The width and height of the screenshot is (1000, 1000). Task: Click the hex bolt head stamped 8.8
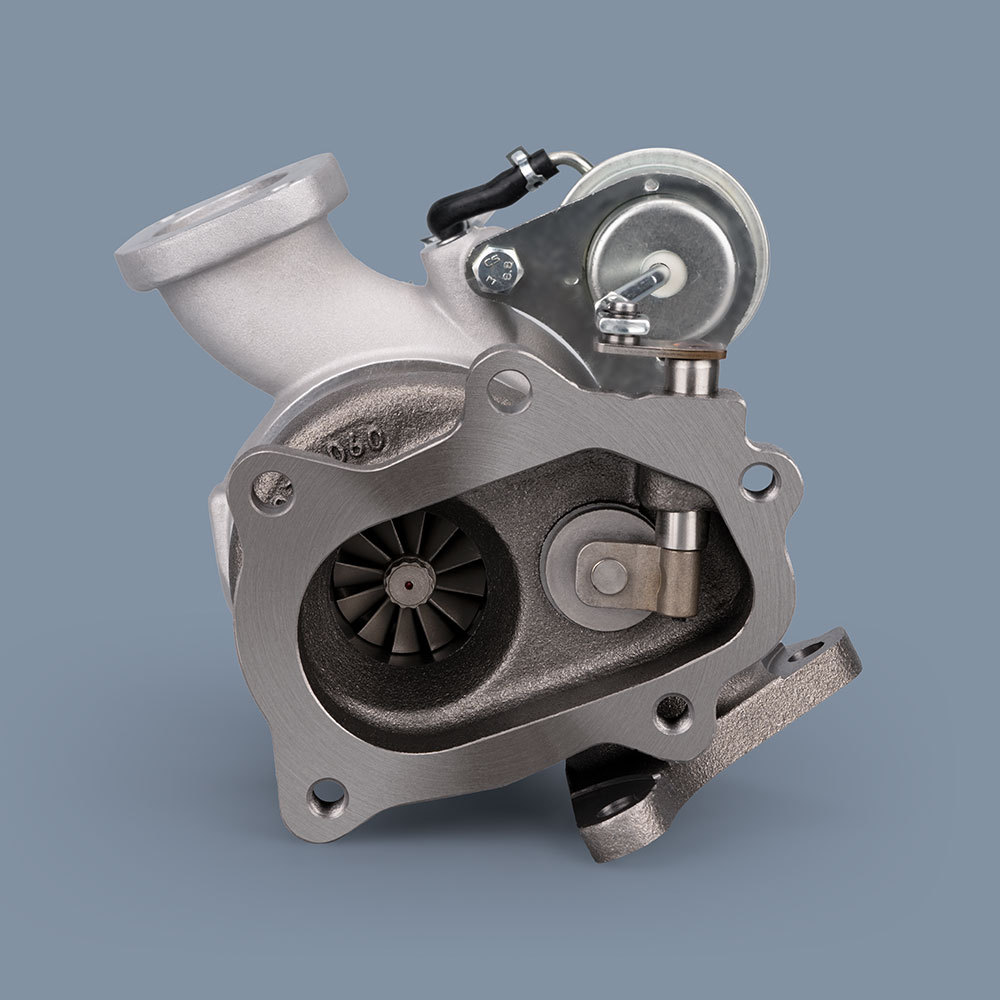coord(493,268)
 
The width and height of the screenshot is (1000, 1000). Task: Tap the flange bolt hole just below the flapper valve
coord(669,713)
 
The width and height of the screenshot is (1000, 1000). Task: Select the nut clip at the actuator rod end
coord(622,316)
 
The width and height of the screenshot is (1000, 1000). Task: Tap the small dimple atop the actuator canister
coord(651,185)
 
